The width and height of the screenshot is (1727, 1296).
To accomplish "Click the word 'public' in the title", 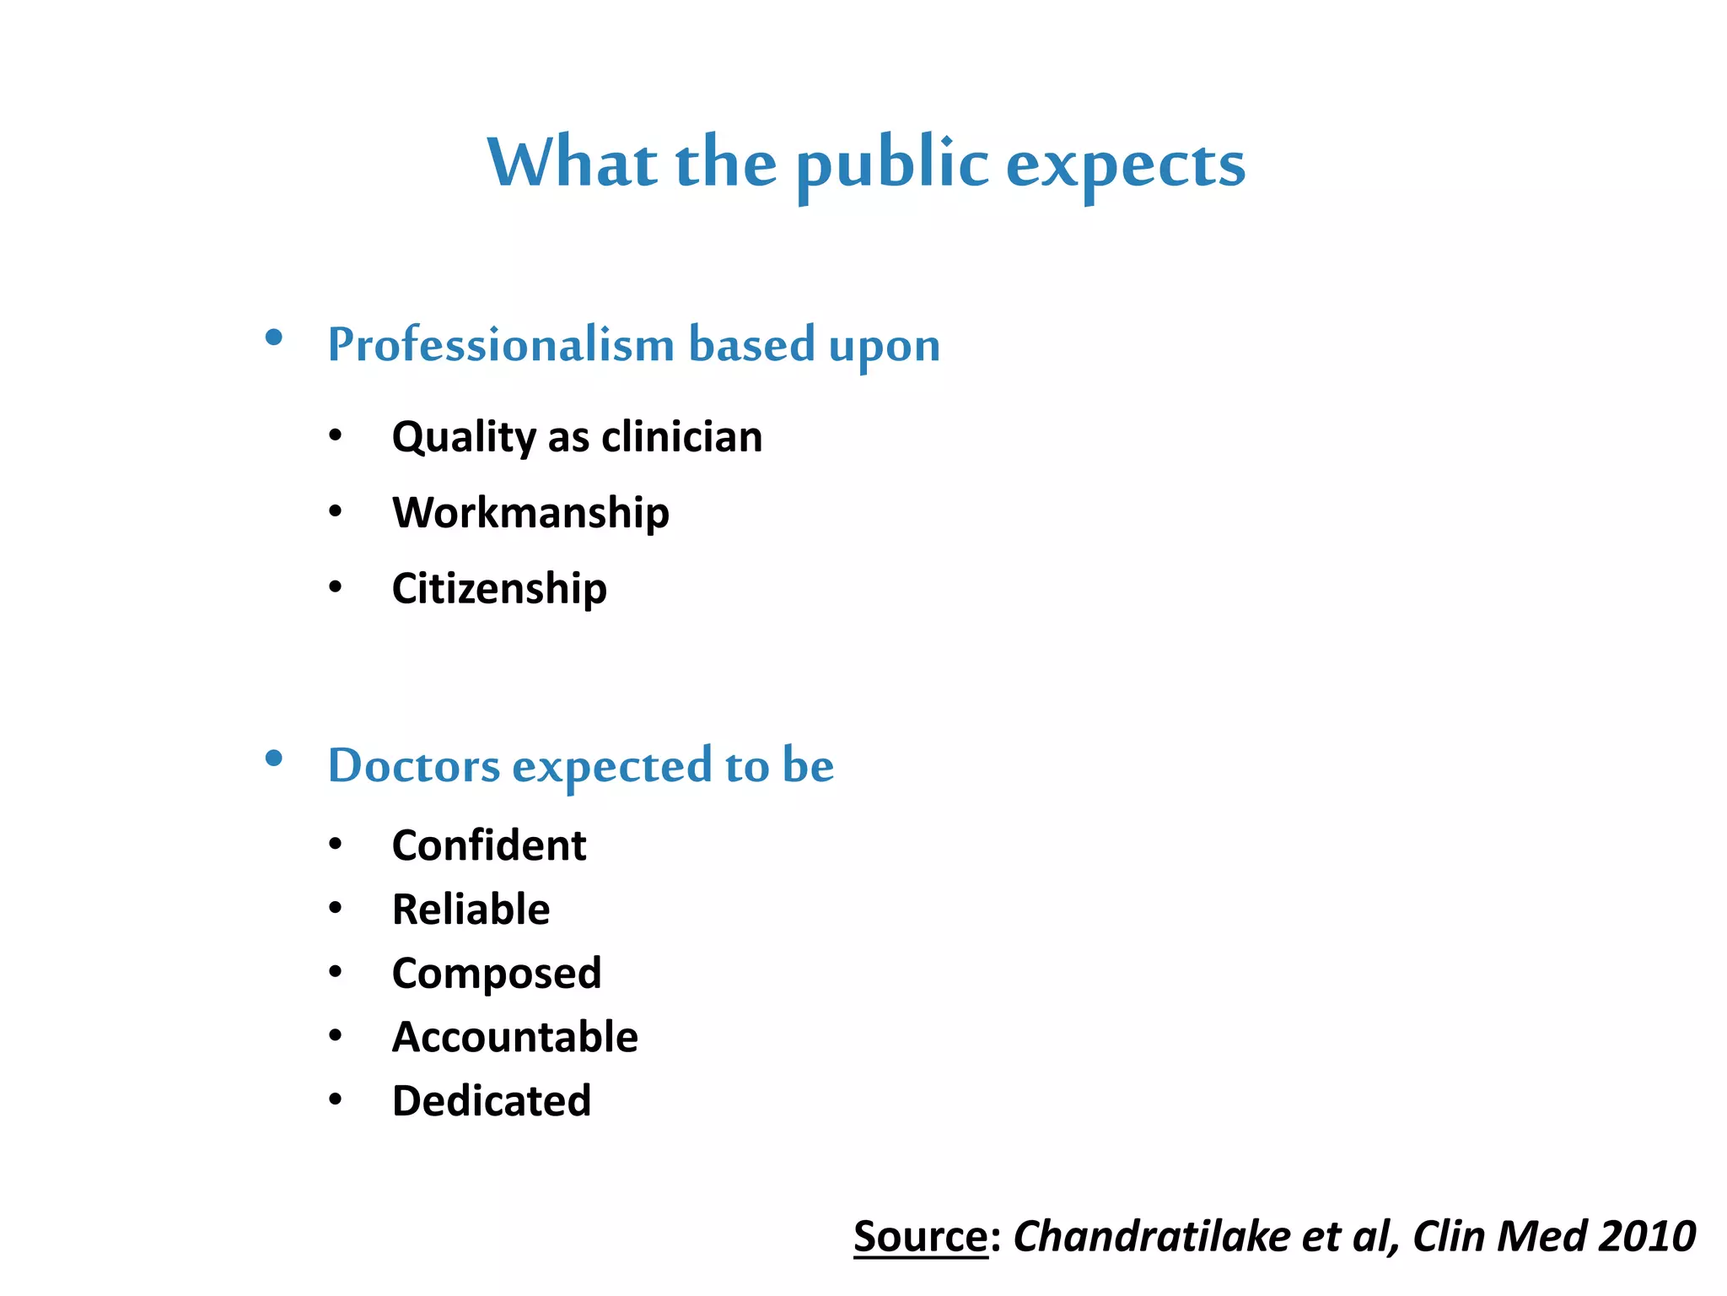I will (892, 164).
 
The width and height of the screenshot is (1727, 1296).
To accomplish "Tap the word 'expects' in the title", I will (1126, 164).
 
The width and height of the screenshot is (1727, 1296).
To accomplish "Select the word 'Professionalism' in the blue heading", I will (501, 345).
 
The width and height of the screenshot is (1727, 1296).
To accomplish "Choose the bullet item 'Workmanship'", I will (530, 513).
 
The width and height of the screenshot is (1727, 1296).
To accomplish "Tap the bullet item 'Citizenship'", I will (499, 588).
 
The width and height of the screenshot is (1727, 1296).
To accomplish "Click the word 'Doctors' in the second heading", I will (414, 766).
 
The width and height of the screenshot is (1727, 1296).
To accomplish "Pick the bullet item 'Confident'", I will (489, 845).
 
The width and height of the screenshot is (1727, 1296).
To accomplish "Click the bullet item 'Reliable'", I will (471, 910).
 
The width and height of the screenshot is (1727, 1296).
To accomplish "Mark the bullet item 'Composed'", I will (497, 975).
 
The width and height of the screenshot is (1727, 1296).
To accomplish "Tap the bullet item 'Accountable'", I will (515, 1037).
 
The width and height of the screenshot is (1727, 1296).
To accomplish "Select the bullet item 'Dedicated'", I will (492, 1101).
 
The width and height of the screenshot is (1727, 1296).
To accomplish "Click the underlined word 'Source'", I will (920, 1237).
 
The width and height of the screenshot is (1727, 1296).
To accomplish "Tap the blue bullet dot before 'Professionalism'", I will (273, 338).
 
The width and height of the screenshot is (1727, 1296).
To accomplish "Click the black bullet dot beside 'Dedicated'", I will (336, 1099).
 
